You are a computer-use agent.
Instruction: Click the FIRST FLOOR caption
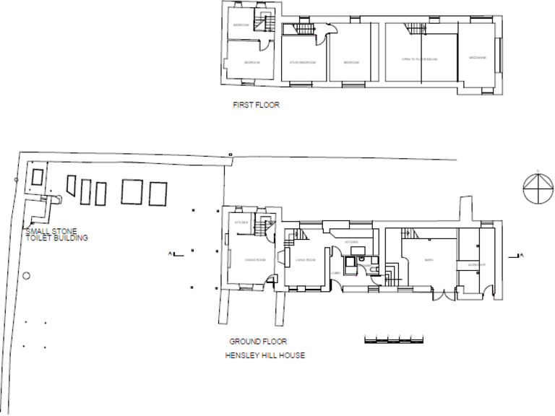256,105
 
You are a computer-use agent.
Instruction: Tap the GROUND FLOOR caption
259,341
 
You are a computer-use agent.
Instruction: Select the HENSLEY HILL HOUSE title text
265,355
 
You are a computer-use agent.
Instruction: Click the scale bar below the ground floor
392,338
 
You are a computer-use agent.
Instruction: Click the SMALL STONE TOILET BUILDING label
56,235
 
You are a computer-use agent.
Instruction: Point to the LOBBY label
337,272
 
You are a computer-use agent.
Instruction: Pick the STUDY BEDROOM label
304,62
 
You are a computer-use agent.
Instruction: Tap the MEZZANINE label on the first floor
477,57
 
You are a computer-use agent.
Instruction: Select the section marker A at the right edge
520,255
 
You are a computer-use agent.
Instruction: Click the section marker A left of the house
171,253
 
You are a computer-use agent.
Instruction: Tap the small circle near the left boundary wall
27,275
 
